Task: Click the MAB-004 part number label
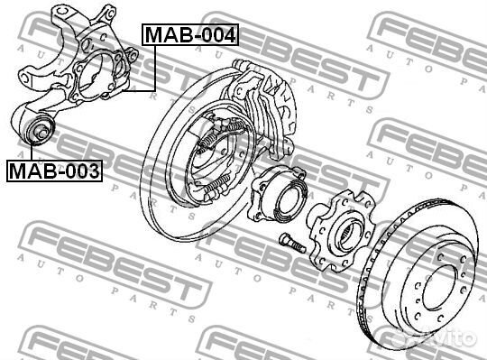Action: [189, 36]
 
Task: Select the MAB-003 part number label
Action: [54, 170]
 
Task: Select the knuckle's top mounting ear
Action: [106, 14]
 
